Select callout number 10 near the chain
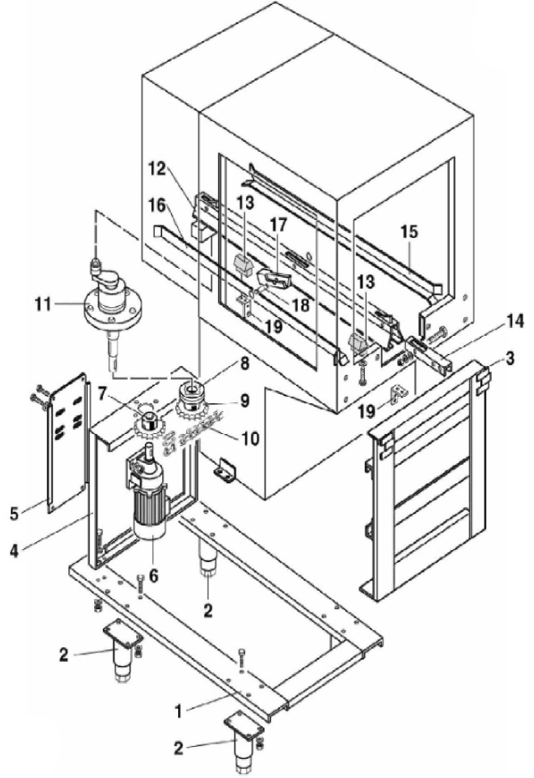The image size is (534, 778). [250, 438]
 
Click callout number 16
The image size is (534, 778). [158, 206]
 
